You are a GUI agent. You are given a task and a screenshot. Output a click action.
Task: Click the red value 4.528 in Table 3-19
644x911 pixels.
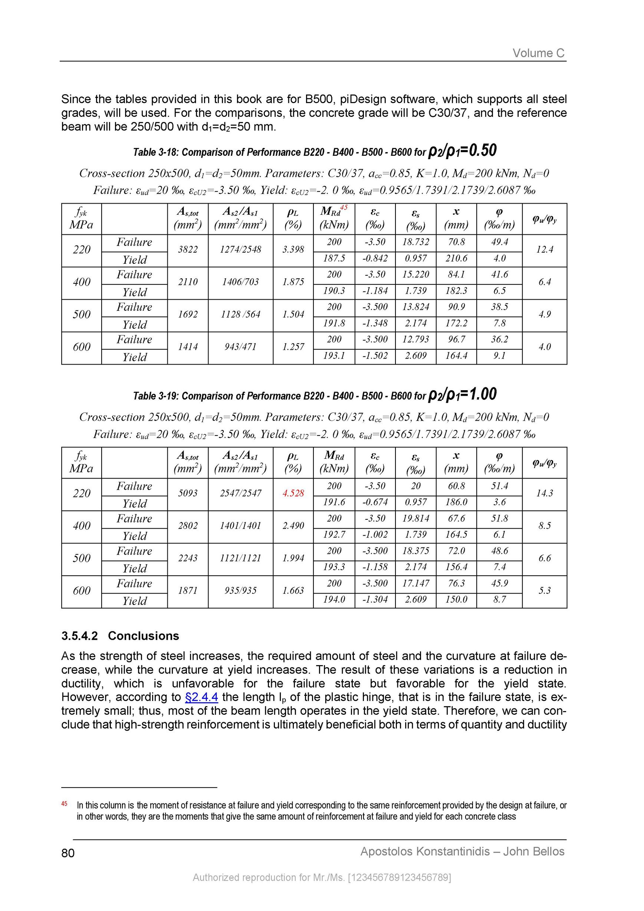(293, 493)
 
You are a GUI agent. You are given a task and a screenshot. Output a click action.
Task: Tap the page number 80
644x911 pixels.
(68, 853)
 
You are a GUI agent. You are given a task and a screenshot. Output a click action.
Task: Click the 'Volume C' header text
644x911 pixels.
(538, 53)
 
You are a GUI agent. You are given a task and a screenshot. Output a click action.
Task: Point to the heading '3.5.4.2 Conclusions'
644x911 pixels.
(120, 636)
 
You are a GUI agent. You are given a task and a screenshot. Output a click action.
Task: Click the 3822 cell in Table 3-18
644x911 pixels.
(188, 250)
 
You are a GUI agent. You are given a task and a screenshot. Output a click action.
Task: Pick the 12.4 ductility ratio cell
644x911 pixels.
(545, 250)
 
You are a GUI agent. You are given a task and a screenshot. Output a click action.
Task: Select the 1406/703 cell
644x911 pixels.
(240, 282)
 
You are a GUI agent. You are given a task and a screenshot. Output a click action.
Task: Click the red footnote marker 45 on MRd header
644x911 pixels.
(344, 207)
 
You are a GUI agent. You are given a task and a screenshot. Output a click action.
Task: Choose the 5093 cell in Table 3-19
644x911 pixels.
(188, 493)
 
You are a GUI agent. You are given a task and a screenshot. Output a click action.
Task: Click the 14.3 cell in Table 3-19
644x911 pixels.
(545, 493)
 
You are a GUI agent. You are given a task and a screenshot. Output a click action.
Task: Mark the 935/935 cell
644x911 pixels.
(240, 591)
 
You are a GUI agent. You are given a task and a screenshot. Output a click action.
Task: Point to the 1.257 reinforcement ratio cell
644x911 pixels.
(293, 347)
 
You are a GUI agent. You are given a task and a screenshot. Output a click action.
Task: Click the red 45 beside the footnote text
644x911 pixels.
(64, 804)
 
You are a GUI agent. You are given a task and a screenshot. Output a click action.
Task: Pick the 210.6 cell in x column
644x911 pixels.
(456, 259)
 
